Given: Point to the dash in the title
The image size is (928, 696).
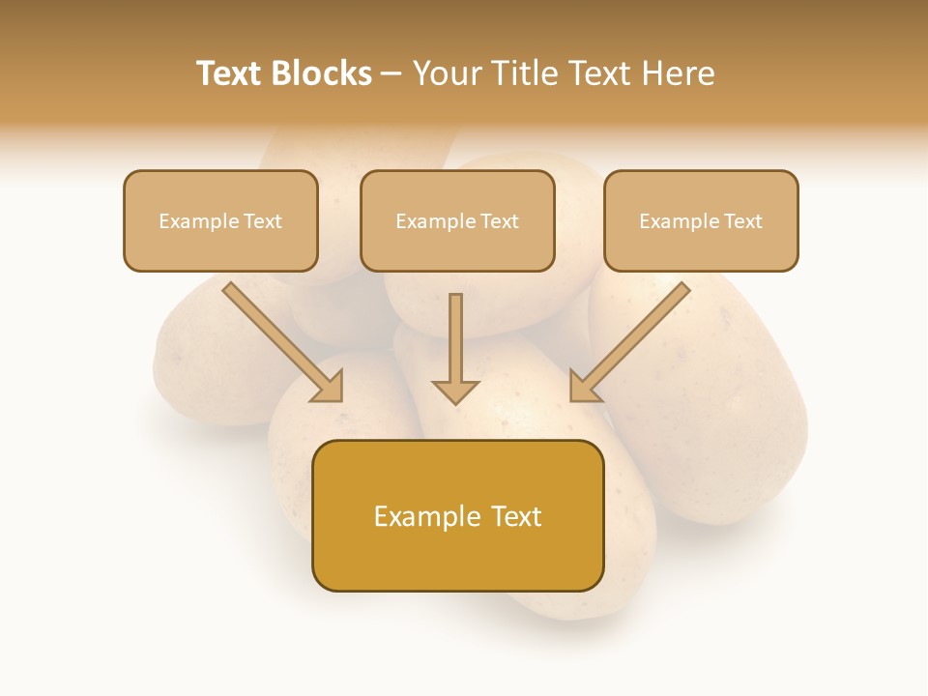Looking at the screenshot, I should pos(391,74).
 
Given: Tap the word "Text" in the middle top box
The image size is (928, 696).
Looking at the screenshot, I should pos(500,221).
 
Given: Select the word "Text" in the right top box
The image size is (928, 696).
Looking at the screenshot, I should pos(743,221).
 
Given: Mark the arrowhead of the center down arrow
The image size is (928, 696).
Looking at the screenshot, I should pos(455,391).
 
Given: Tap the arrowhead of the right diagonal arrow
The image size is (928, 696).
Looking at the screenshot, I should pos(582,389).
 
